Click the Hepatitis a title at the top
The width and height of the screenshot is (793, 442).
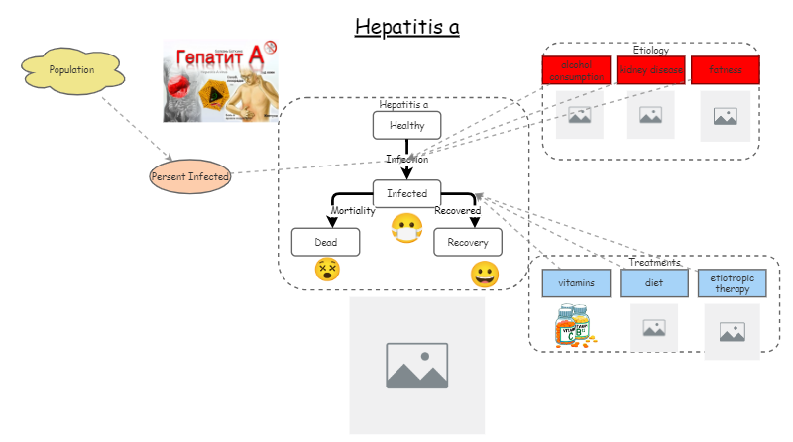pyautogui.click(x=406, y=27)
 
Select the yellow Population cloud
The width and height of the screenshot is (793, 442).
pyautogui.click(x=71, y=70)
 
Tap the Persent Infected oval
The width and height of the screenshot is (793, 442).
pyautogui.click(x=190, y=176)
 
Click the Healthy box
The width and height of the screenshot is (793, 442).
pyautogui.click(x=406, y=126)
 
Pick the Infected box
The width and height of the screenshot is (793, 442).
pyautogui.click(x=406, y=193)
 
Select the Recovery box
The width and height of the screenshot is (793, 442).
pyautogui.click(x=467, y=242)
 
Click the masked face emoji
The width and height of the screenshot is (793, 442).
pyautogui.click(x=406, y=229)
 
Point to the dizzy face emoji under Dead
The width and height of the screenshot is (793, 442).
pyautogui.click(x=328, y=270)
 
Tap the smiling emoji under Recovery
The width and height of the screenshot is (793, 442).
pyautogui.click(x=484, y=274)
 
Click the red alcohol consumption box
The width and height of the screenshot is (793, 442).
pyautogui.click(x=576, y=70)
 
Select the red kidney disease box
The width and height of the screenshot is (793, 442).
pyautogui.click(x=651, y=70)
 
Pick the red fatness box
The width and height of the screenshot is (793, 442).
pyautogui.click(x=725, y=70)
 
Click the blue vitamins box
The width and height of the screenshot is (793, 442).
pyautogui.click(x=576, y=283)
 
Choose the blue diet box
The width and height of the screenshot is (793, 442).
pyautogui.click(x=653, y=283)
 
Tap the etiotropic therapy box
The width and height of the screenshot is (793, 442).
pyautogui.click(x=732, y=283)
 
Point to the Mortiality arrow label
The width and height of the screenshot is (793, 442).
pyautogui.click(x=353, y=211)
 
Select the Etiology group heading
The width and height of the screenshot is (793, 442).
pyautogui.click(x=650, y=50)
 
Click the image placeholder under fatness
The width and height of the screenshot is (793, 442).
pyautogui.click(x=726, y=116)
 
